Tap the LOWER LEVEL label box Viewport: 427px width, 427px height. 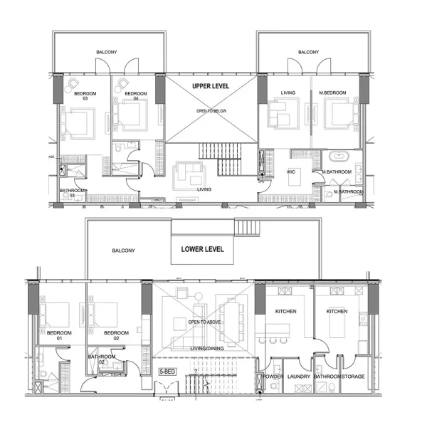[x=202, y=249]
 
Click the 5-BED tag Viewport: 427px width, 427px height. [x=167, y=371]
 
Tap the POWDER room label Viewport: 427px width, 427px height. [x=273, y=376]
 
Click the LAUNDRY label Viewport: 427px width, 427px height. [x=299, y=376]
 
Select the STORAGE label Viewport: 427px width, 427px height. [x=354, y=376]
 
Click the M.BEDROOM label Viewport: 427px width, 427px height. [x=332, y=93]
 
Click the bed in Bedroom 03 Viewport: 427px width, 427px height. [x=76, y=122]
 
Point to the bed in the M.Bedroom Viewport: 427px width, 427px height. [x=339, y=115]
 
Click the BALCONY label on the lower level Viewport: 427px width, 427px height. [x=124, y=251]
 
